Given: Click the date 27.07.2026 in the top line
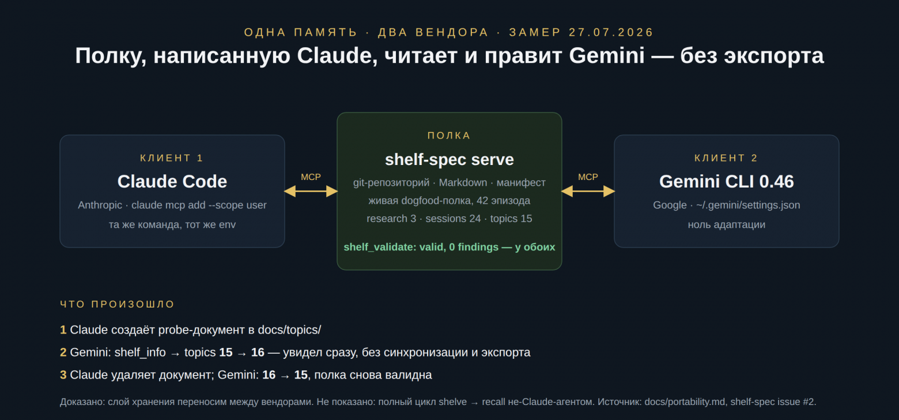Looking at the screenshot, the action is [611, 32].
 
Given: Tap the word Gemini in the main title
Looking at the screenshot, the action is [607, 55].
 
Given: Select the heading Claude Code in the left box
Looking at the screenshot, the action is [172, 181].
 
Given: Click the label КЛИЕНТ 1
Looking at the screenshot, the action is [172, 158].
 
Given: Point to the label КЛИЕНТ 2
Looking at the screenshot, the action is [726, 158].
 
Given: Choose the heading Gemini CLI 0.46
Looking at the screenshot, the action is [727, 181].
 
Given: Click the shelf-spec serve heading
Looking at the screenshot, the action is [449, 160].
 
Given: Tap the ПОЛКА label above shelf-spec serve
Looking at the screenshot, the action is [449, 136].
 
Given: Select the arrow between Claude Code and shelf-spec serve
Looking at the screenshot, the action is [311, 192].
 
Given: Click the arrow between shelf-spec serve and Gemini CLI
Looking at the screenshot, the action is [588, 192].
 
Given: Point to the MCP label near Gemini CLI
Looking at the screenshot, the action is [588, 177].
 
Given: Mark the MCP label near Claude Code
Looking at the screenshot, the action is [311, 177].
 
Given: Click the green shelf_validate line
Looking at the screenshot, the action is [449, 247].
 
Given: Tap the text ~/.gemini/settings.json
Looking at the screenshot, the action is [748, 205].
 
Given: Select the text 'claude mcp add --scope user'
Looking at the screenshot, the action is [199, 205].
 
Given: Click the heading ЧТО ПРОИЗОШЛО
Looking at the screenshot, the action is [117, 304].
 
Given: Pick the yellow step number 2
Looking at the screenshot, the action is [63, 352].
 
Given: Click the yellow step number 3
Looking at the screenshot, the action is [63, 375].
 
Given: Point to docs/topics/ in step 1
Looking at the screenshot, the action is [289, 330].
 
